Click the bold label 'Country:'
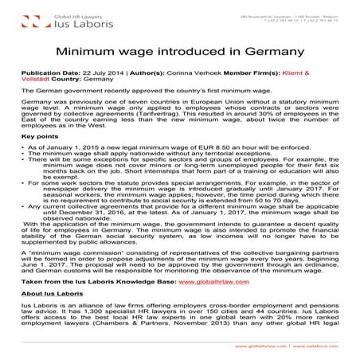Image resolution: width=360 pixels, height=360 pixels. (68, 79)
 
